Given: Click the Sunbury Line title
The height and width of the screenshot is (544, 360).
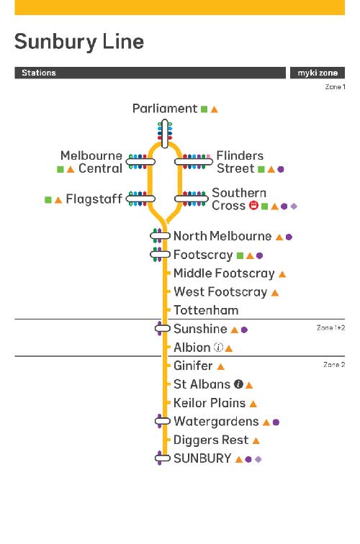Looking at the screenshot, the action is click(x=78, y=42).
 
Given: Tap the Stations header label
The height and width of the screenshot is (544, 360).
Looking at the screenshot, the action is click(x=39, y=73).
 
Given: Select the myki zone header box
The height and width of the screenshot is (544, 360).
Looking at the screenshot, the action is click(x=318, y=73).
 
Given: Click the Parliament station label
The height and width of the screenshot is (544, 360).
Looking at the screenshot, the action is click(x=165, y=109).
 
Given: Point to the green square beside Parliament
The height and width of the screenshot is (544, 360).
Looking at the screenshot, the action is click(x=204, y=109).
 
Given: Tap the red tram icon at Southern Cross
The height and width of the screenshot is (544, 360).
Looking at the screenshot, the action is click(x=253, y=205).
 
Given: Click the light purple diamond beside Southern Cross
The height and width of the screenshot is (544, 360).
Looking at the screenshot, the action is click(x=294, y=207).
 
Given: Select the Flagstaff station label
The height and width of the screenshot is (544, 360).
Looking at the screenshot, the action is click(x=94, y=199).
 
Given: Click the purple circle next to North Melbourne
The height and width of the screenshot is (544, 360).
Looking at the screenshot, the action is click(x=289, y=237).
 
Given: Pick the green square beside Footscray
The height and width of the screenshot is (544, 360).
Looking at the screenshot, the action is click(x=240, y=255).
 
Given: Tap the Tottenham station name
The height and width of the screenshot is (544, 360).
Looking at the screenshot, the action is click(x=206, y=310).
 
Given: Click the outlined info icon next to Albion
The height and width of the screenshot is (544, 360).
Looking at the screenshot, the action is click(x=218, y=347).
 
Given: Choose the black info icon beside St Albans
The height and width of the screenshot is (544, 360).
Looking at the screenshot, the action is click(x=238, y=384).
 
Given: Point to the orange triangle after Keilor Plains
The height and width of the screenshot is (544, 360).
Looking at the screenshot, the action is click(x=253, y=404).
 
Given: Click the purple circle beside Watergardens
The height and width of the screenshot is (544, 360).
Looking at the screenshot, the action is click(x=276, y=422).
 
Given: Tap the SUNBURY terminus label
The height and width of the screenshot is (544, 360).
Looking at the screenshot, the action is click(x=202, y=458).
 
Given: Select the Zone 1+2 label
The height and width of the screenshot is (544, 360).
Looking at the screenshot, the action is click(x=330, y=328).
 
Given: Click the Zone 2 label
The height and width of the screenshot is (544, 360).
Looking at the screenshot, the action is click(x=334, y=365).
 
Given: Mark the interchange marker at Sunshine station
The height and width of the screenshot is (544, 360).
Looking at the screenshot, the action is click(x=162, y=328).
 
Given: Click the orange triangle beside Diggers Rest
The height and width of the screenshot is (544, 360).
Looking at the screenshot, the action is click(x=256, y=440).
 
